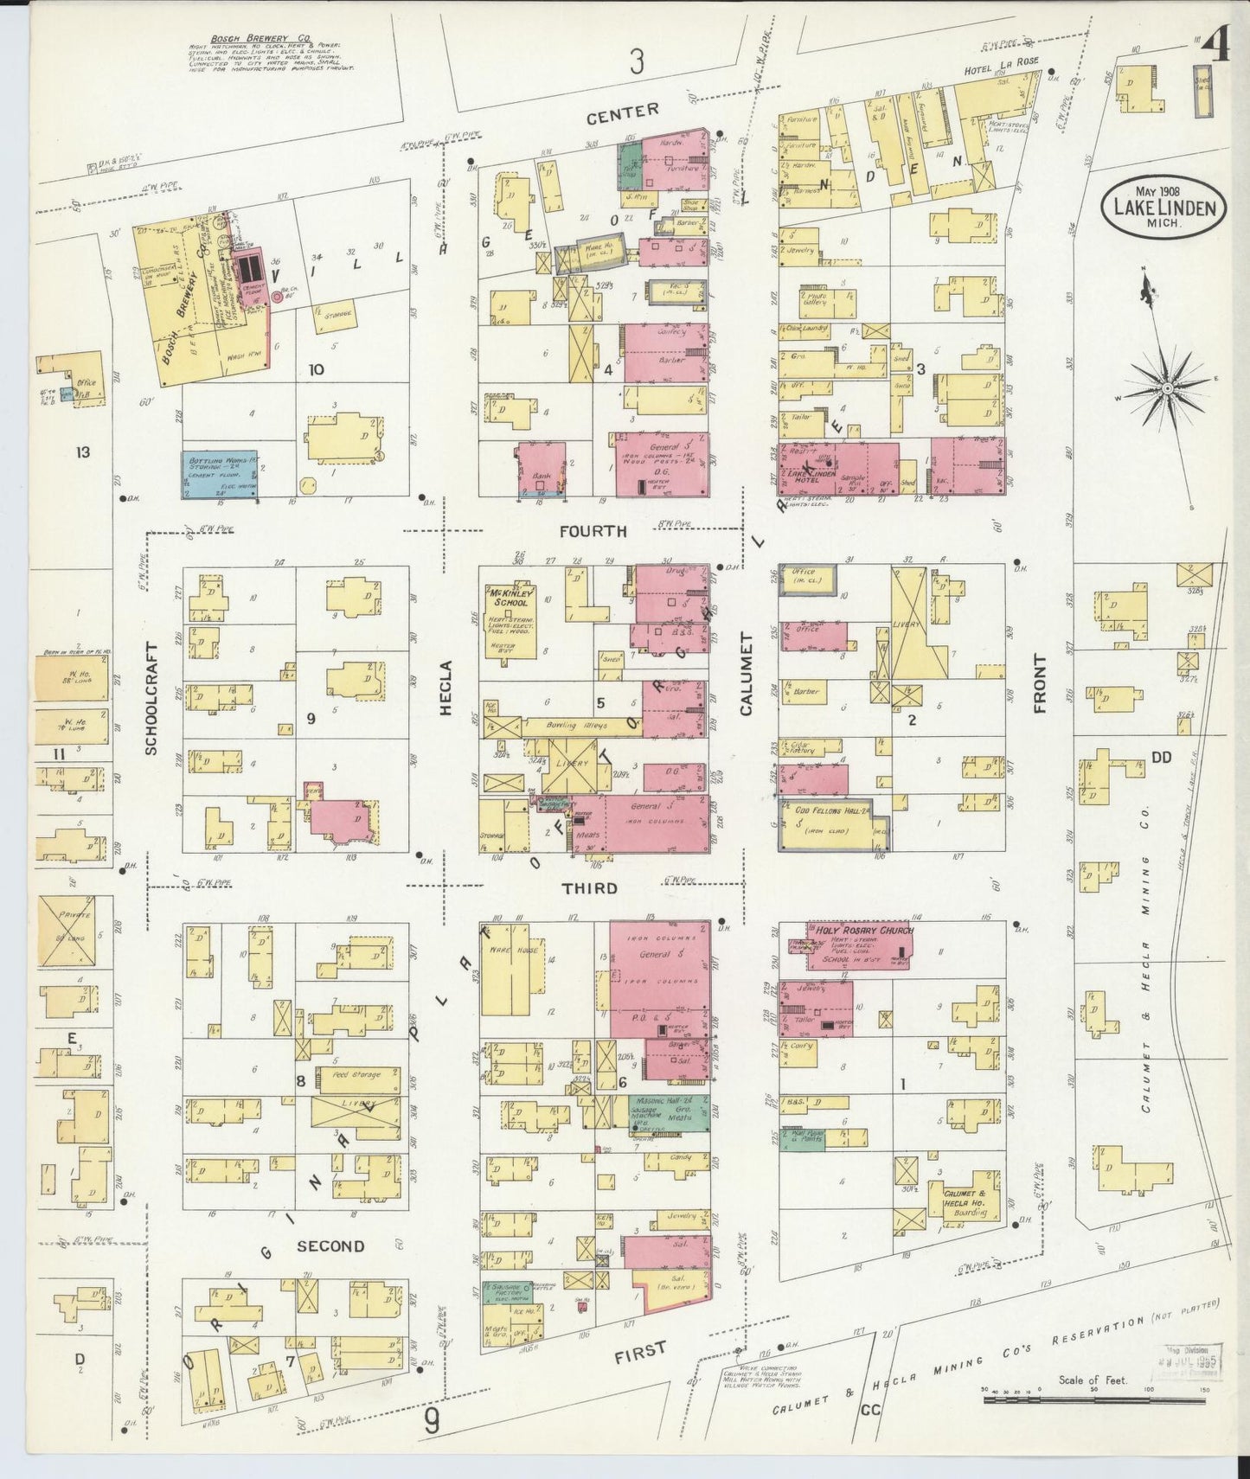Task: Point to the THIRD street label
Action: [x=589, y=888]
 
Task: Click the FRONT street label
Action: [x=1040, y=683]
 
